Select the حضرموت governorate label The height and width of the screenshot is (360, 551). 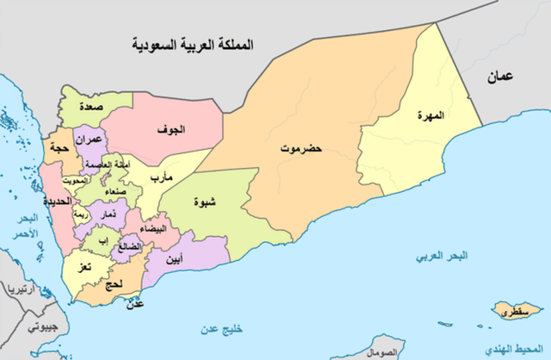300,149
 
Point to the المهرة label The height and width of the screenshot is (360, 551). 429,116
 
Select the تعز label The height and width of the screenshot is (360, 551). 83,270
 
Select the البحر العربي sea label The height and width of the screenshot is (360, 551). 439,257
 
